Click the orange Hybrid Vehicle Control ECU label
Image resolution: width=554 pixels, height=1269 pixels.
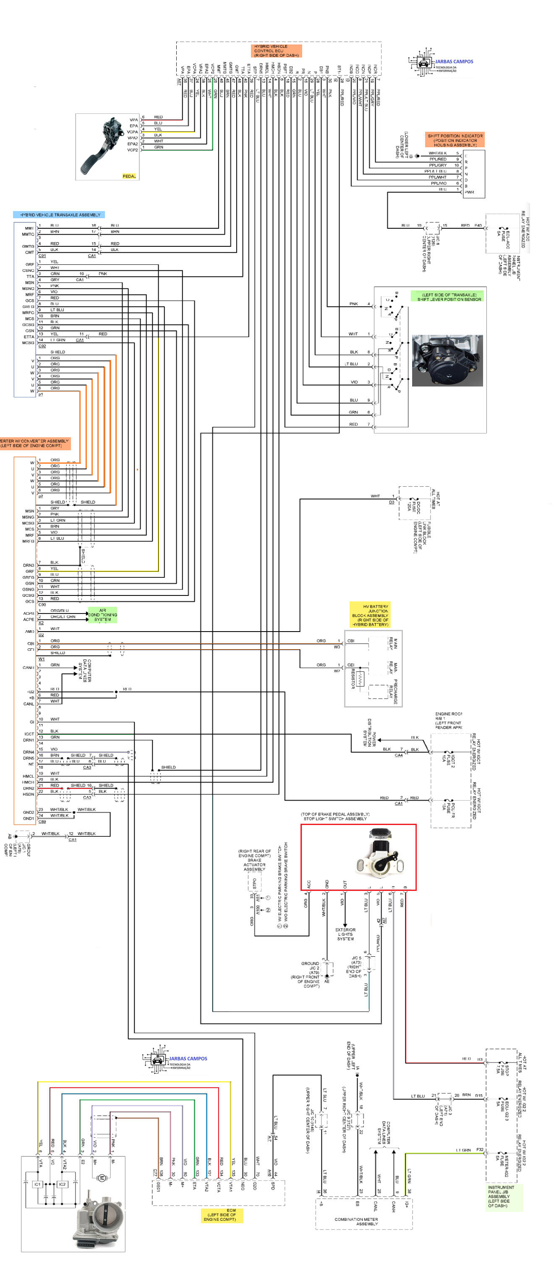click(x=277, y=51)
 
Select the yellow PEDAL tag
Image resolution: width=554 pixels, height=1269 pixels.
click(x=129, y=176)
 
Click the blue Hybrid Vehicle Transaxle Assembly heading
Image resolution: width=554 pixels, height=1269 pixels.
click(x=60, y=215)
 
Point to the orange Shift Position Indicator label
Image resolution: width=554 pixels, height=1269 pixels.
click(x=455, y=140)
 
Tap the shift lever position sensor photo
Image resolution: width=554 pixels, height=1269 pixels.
click(x=447, y=360)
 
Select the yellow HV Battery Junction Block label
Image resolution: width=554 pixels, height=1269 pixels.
click(x=370, y=615)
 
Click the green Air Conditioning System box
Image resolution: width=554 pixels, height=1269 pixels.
click(x=102, y=615)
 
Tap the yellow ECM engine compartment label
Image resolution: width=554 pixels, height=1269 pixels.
click(x=221, y=1215)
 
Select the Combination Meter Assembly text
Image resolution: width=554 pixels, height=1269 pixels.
click(x=356, y=1221)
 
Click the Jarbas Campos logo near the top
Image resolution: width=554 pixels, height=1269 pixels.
click(x=440, y=63)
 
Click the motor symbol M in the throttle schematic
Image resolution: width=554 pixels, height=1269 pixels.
click(x=102, y=1178)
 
